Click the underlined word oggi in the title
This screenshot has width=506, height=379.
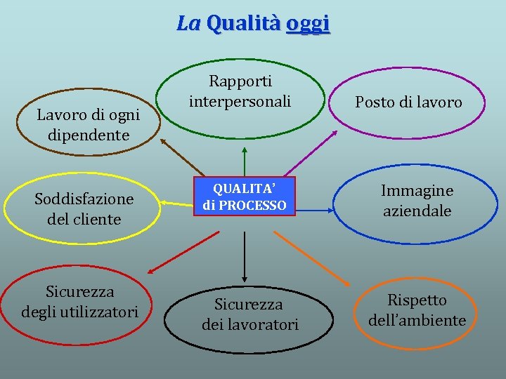[x=308, y=23]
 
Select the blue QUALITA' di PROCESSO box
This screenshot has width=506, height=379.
[x=244, y=196]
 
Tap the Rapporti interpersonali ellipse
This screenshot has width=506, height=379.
[x=240, y=92]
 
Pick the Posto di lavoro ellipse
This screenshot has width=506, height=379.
[x=408, y=102]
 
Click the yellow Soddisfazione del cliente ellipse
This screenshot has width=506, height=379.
[x=84, y=209]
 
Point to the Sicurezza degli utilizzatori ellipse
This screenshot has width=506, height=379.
[x=79, y=301]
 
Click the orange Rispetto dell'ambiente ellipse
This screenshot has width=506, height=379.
[x=417, y=310]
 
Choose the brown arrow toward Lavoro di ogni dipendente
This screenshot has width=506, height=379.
[x=181, y=156]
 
